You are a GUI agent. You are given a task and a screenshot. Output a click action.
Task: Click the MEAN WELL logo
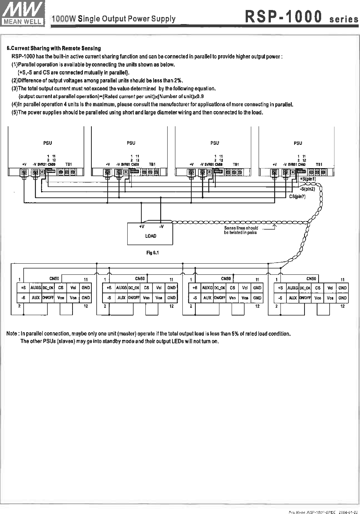coord(23,13)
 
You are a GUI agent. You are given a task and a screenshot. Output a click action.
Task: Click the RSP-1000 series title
coord(300,17)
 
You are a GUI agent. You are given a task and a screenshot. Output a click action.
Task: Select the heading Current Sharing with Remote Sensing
coord(54,49)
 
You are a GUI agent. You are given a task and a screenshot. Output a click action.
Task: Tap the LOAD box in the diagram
coord(150,234)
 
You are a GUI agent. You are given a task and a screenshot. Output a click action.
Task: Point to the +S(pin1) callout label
coord(307,179)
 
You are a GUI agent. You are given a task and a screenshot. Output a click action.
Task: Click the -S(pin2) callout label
coord(307,189)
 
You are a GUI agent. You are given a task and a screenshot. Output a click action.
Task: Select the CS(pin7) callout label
coord(297,197)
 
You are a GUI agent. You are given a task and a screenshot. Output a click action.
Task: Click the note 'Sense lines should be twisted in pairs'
coord(241,230)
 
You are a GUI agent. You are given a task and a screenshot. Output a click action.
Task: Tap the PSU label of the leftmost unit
coord(47,143)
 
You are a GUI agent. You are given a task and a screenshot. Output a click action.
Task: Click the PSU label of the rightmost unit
coord(298,143)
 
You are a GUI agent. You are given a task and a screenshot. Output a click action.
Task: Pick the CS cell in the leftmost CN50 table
coord(61,288)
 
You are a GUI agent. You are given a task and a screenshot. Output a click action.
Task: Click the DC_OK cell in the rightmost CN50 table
coord(305,288)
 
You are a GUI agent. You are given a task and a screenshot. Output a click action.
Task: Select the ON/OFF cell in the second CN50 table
coord(134,298)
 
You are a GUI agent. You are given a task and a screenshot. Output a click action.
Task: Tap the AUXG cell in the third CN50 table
coord(207,288)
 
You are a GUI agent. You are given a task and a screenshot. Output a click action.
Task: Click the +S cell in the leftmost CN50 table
coord(23,288)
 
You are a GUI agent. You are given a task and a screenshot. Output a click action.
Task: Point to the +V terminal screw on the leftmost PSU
coord(24,172)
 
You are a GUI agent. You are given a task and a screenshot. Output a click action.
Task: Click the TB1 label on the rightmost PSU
coord(319,164)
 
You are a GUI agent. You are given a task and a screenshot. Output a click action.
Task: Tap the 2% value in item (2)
coord(178,81)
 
